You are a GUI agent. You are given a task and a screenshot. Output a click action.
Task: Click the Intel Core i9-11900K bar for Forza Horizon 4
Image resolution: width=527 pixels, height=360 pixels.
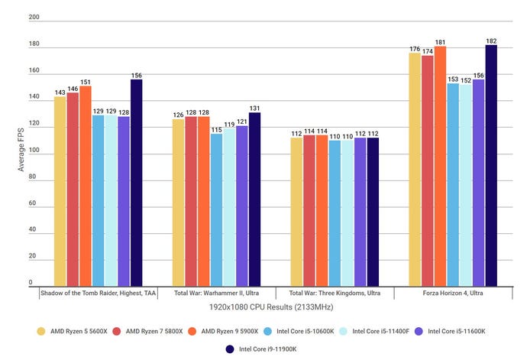pos(491,165)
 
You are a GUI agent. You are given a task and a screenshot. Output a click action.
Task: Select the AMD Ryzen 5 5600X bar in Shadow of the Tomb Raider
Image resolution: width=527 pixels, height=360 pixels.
pos(60,191)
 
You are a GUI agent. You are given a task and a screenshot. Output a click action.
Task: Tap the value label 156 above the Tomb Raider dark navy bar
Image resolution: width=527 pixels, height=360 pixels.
pos(136,76)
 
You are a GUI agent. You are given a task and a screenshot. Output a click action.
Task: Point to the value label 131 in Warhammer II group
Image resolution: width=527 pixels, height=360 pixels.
pos(254,108)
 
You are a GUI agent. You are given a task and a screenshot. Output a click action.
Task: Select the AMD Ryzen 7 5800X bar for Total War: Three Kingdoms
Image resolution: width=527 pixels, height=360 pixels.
pos(309,210)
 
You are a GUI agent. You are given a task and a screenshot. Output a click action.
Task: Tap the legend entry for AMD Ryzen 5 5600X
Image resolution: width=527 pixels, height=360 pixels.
pos(71,331)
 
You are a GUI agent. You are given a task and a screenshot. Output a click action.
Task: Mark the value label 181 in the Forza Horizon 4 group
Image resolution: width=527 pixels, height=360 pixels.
pos(441,42)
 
